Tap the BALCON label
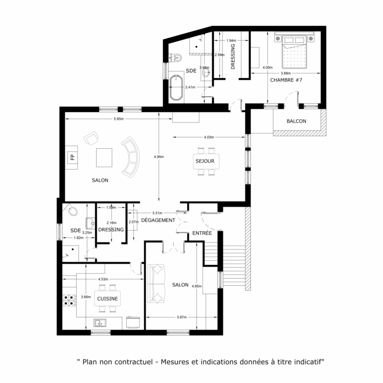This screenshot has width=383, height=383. (x=297, y=121)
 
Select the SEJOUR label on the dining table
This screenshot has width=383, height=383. (x=205, y=161)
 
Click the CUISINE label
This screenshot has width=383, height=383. (x=107, y=299)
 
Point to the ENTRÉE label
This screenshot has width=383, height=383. (x=202, y=233)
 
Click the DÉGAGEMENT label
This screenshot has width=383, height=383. (x=158, y=220)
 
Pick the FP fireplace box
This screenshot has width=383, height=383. (x=72, y=157)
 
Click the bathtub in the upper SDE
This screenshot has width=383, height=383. (x=176, y=88)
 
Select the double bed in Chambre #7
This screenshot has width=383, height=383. (x=293, y=52)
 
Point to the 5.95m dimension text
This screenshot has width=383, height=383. (x=118, y=119)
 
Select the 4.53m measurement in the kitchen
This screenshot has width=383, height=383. (x=103, y=280)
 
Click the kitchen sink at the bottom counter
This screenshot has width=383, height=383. (x=100, y=323)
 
